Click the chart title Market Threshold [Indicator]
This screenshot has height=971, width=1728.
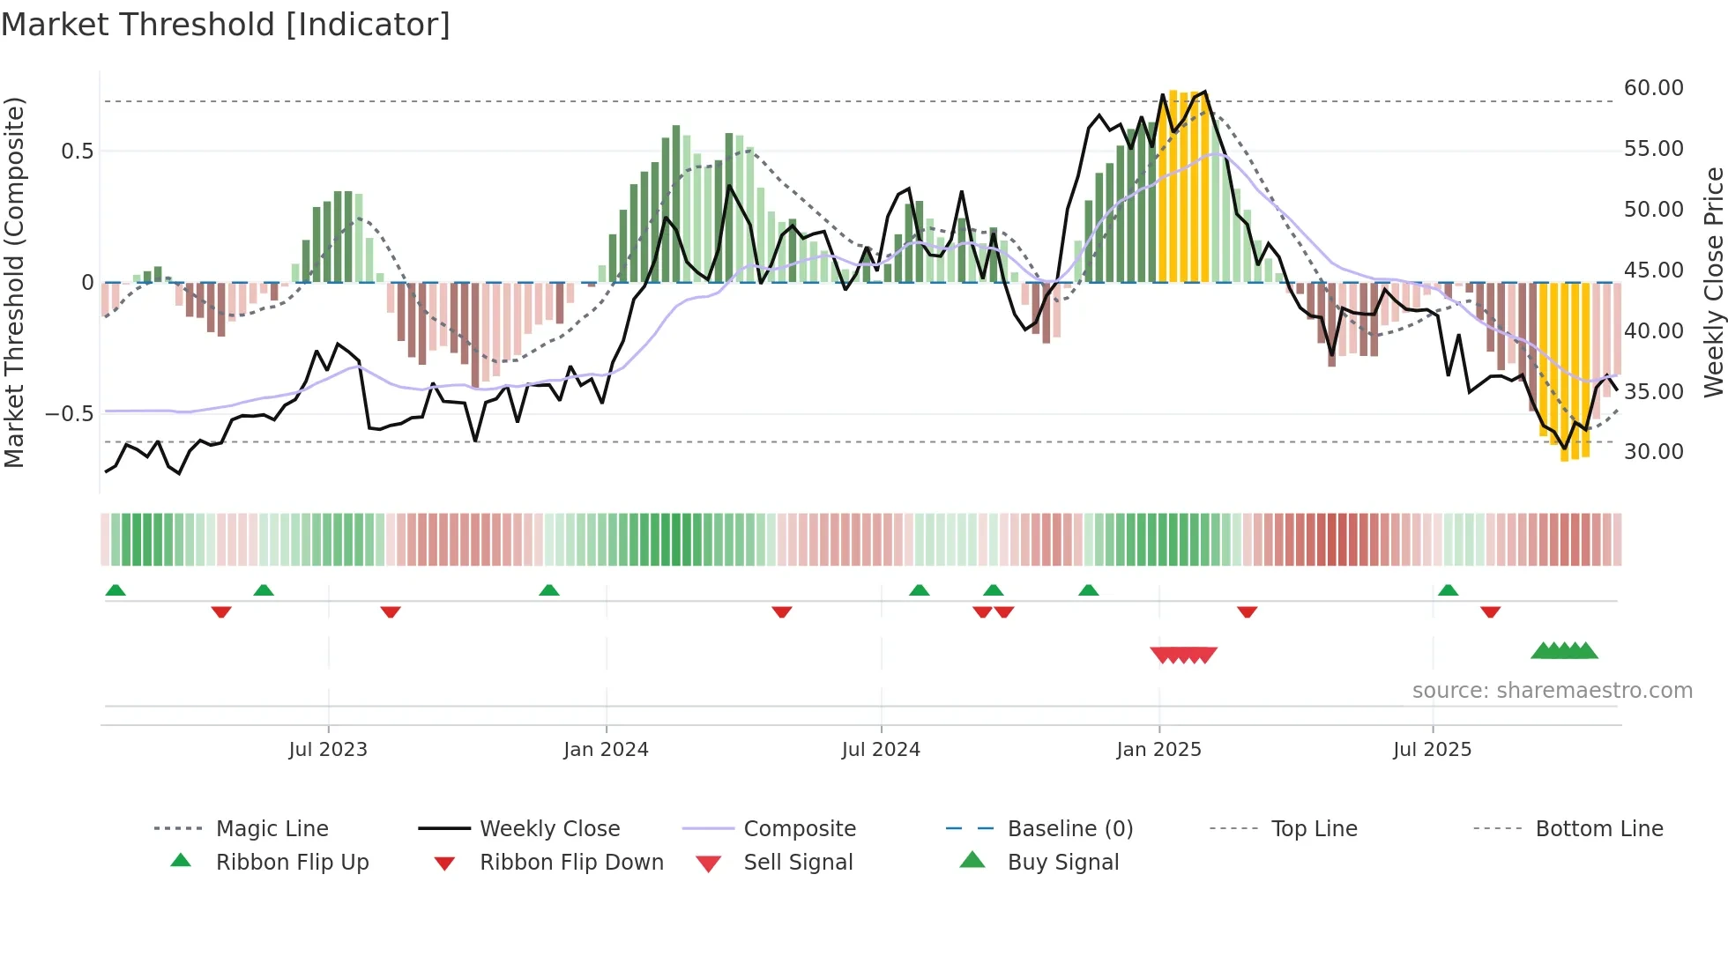tap(226, 25)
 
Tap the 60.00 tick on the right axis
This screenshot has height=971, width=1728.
tap(1653, 88)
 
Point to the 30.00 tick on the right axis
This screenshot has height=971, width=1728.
tap(1653, 452)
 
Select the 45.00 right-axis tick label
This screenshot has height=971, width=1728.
tap(1653, 271)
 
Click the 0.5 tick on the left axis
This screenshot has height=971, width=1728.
tap(78, 152)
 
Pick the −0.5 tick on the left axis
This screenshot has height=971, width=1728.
tap(70, 414)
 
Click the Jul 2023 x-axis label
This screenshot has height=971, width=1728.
tap(328, 750)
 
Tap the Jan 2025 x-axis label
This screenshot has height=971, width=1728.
tap(1158, 750)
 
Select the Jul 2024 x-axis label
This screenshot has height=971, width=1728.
tap(881, 750)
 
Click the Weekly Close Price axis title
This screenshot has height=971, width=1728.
tap(1713, 282)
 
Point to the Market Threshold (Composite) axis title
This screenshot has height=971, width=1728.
tap(14, 282)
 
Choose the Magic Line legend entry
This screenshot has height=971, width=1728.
tap(272, 829)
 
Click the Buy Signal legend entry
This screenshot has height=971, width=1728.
tap(1062, 863)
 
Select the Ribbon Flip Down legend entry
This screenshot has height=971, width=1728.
tap(571, 863)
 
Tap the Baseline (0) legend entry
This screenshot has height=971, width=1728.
tap(1069, 829)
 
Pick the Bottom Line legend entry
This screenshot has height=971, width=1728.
tap(1598, 829)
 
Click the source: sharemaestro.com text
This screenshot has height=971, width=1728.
tap(1552, 691)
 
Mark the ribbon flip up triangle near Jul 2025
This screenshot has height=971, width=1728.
tap(1448, 590)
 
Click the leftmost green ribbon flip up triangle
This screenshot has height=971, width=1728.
tap(115, 590)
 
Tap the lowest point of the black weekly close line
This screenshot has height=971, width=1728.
tap(180, 474)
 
